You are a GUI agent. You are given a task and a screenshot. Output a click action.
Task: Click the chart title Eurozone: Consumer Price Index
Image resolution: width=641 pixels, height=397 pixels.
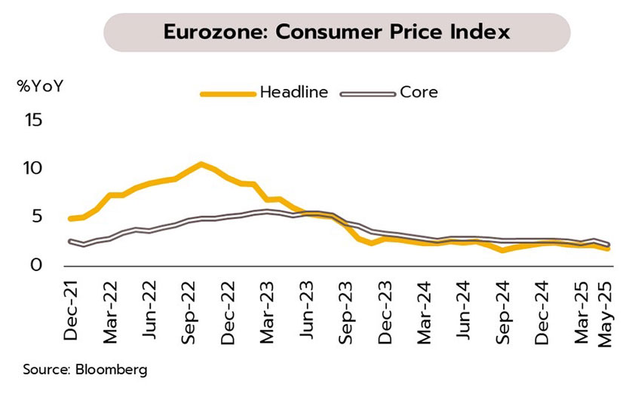(336, 32)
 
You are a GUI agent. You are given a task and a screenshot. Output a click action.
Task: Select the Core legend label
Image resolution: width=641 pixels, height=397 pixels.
(419, 93)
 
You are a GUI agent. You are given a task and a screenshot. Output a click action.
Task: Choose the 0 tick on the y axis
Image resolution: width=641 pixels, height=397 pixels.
(35, 265)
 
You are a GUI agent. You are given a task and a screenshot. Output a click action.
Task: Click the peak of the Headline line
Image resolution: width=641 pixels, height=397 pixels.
(200, 163)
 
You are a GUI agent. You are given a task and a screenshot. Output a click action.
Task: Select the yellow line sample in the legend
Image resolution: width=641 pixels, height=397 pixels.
(227, 93)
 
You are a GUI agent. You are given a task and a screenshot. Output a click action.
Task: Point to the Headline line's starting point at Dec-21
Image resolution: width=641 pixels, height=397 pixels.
(71, 218)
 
